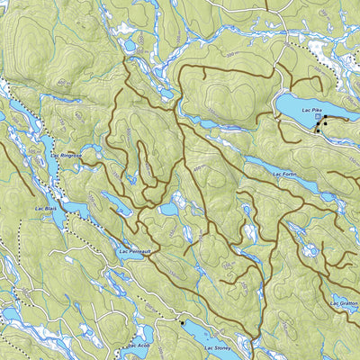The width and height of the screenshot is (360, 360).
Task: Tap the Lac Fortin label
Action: point(283,174)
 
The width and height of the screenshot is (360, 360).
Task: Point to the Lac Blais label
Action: point(46,209)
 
